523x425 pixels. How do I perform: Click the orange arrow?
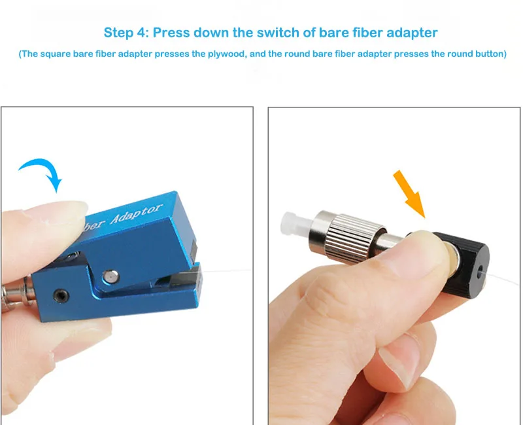pyautogui.click(x=409, y=194)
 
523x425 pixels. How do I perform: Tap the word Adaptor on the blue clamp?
pyautogui.click(x=136, y=213)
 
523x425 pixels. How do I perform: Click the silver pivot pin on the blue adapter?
pyautogui.click(x=110, y=276)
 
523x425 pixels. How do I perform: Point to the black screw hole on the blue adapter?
pyautogui.click(x=61, y=296)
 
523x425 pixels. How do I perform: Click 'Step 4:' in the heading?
pyautogui.click(x=126, y=33)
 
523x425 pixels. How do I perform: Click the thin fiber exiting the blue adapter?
pyautogui.click(x=227, y=270)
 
